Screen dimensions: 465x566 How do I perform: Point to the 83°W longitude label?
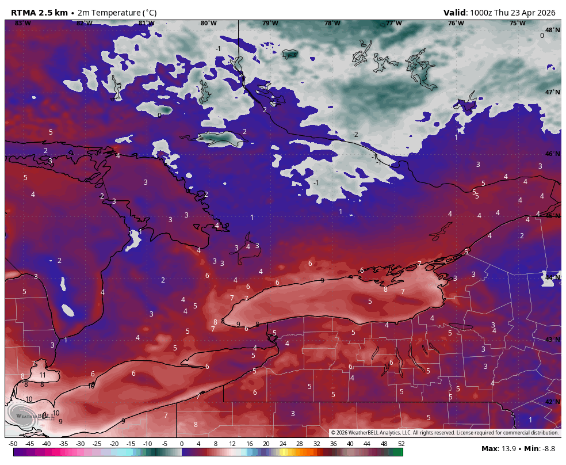(x=22, y=24)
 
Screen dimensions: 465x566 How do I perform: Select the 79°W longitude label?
(x=270, y=24)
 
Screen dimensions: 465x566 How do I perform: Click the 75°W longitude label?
(x=517, y=24)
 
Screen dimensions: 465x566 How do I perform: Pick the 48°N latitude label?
(x=552, y=30)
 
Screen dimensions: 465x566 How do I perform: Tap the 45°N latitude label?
(x=552, y=216)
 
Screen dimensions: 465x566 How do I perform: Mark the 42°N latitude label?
(x=552, y=402)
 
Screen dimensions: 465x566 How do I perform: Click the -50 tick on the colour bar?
(x=13, y=444)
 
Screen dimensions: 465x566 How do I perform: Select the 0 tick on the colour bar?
(x=182, y=444)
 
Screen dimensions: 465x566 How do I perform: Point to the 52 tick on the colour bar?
(x=401, y=444)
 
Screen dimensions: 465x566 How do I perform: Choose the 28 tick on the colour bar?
(x=300, y=444)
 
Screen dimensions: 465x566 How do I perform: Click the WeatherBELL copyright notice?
(x=445, y=433)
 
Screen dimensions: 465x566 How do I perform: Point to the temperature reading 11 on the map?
(x=42, y=375)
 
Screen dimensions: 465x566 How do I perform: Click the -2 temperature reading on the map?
(x=355, y=135)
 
